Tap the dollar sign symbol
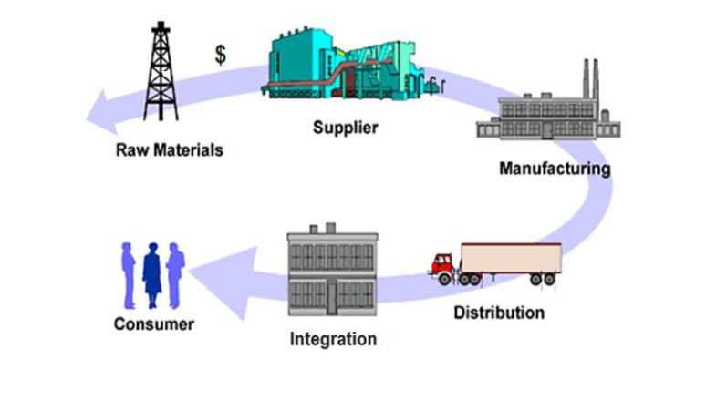pos(221,55)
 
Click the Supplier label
pos(345,127)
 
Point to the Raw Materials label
pos(169,149)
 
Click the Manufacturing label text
pos(555,169)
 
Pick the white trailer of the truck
pos(512,257)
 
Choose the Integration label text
pos(333,340)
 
